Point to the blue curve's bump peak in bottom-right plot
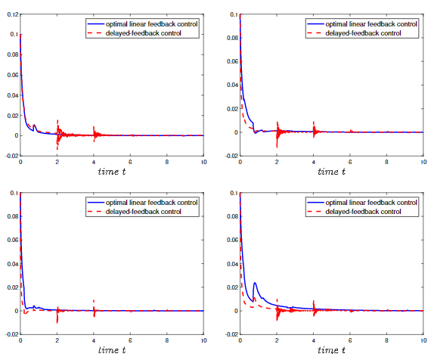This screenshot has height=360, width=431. tap(255, 284)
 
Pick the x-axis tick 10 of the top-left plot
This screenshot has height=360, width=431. tap(203, 163)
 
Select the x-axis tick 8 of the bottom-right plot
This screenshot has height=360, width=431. tap(386, 342)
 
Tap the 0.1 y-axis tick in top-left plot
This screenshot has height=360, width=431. tap(11, 35)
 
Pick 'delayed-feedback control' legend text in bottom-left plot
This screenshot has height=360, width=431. tap(144, 212)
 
